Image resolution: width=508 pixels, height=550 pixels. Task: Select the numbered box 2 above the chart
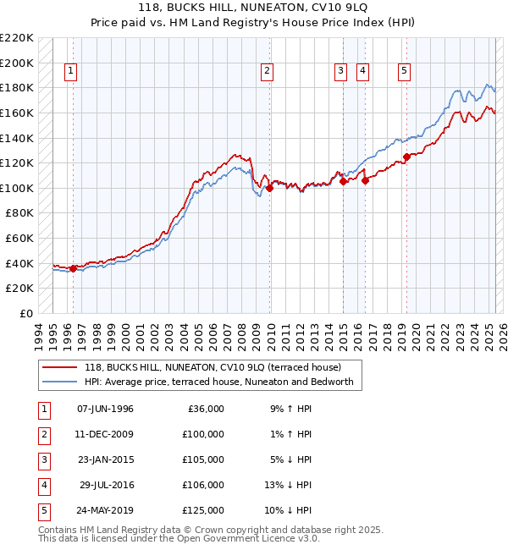(x=267, y=72)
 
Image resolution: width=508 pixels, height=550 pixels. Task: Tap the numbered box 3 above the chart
(x=340, y=72)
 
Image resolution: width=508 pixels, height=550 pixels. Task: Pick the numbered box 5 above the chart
(x=404, y=72)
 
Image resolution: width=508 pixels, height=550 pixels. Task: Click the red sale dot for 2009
(x=269, y=188)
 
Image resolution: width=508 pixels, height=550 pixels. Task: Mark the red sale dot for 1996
(x=73, y=268)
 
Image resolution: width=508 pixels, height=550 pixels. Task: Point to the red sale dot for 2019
(x=406, y=157)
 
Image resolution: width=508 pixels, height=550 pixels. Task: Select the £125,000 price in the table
(x=203, y=510)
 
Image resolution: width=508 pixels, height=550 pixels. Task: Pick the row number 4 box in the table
(x=41, y=485)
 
